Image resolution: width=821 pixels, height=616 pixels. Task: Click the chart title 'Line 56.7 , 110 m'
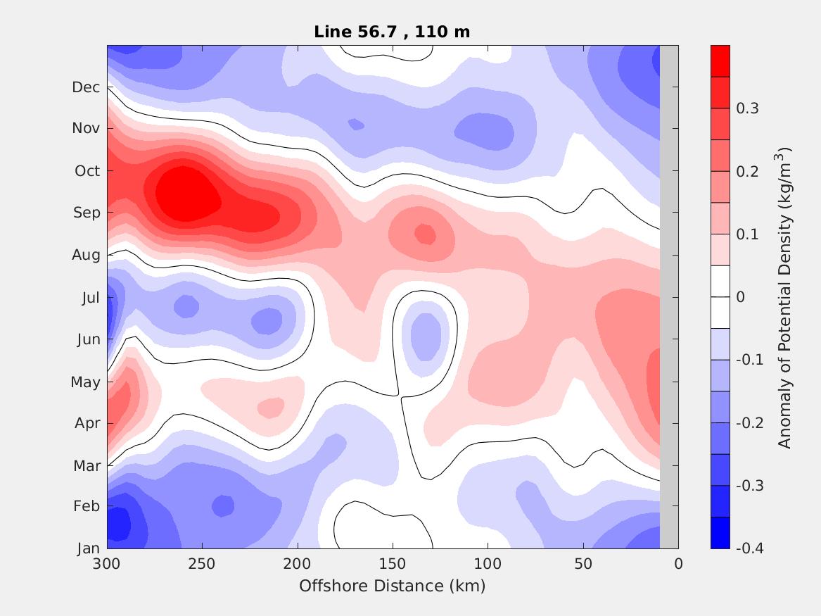(392, 32)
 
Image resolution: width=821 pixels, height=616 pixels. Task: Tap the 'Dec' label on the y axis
(86, 87)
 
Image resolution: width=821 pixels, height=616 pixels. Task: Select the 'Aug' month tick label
(86, 255)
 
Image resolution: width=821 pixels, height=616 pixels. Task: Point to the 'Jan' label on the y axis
(88, 548)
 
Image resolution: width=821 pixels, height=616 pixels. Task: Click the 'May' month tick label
(86, 382)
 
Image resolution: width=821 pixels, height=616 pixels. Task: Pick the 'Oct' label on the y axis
(87, 171)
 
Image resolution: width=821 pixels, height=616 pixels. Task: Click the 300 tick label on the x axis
(107, 564)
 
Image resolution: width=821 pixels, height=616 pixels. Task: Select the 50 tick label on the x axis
(583, 564)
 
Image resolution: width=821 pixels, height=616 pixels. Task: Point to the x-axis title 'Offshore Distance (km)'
(392, 586)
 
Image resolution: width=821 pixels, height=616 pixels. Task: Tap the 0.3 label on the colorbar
(747, 108)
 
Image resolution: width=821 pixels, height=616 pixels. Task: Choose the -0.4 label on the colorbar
(750, 548)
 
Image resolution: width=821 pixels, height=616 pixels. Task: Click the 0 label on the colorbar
(740, 297)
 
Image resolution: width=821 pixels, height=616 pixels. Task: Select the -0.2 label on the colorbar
(750, 422)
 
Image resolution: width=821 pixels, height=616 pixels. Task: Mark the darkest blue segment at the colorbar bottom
(720, 533)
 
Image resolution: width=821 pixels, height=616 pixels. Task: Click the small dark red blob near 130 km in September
(424, 233)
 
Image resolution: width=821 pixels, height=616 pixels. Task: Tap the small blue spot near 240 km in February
(222, 505)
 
